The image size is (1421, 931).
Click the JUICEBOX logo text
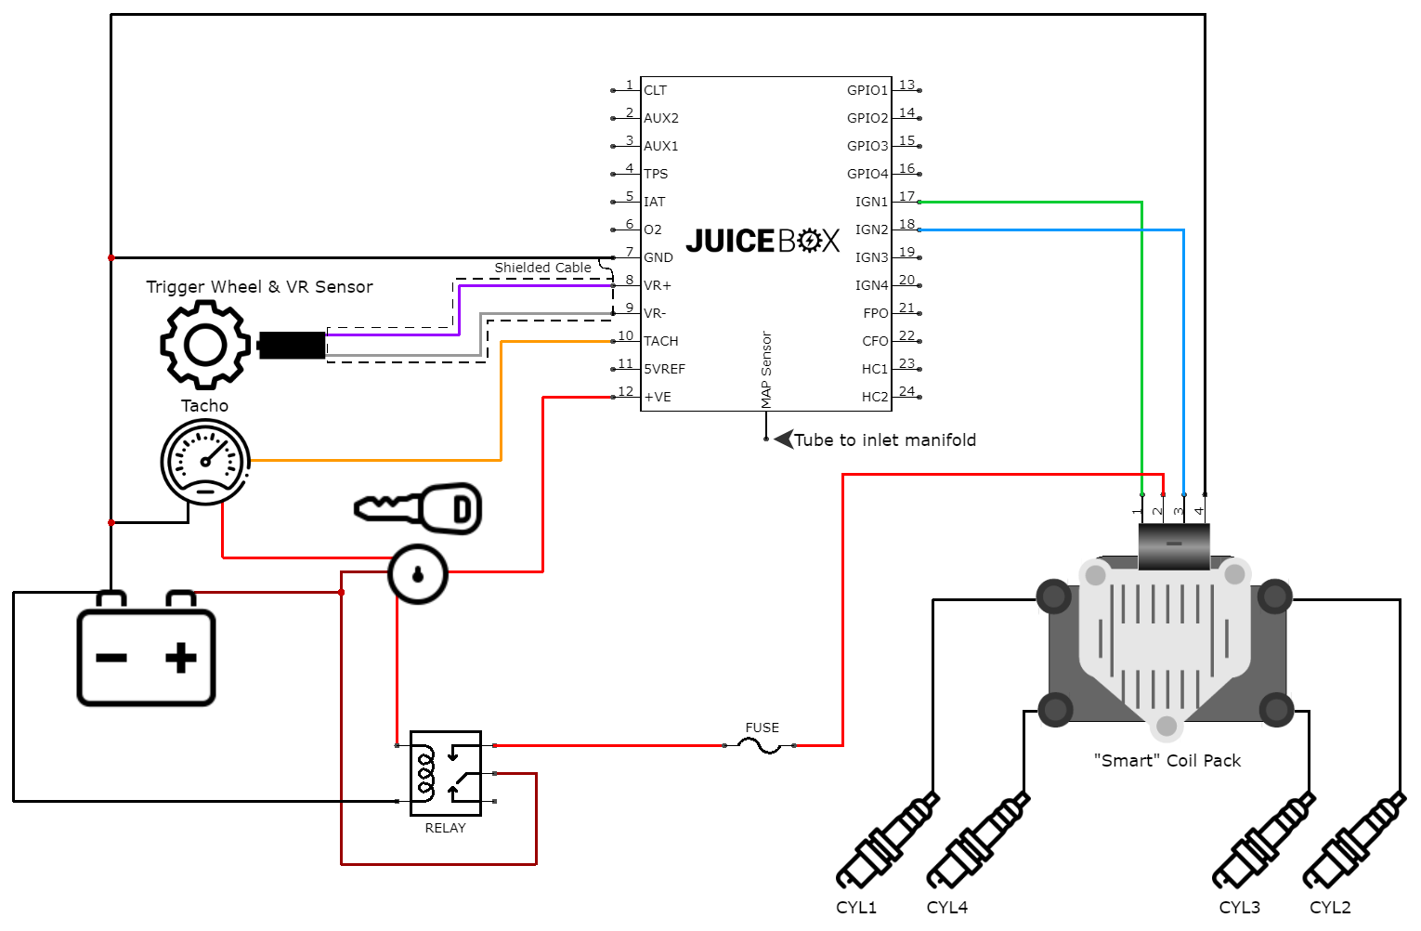pyautogui.click(x=763, y=242)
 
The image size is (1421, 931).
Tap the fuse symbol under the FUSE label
pyautogui.click(x=760, y=745)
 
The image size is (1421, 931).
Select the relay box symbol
pyautogui.click(x=446, y=773)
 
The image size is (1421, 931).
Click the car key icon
pyautogui.click(x=419, y=508)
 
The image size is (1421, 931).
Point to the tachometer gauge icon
pyautogui.click(x=205, y=462)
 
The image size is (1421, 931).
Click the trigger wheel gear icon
pyautogui.click(x=205, y=345)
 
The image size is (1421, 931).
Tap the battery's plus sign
pyautogui.click(x=181, y=658)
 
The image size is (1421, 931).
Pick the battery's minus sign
pyautogui.click(x=111, y=658)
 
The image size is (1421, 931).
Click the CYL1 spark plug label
pyautogui.click(x=856, y=907)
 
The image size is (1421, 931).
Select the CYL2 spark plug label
pyautogui.click(x=1330, y=907)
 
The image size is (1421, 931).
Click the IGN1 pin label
pyautogui.click(x=871, y=202)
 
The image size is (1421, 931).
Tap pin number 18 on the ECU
pyautogui.click(x=906, y=224)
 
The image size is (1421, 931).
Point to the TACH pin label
pyautogui.click(x=661, y=341)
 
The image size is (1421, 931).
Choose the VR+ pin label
pyautogui.click(x=658, y=285)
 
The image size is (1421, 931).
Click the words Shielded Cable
pyautogui.click(x=542, y=268)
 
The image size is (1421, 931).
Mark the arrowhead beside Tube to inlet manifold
pyautogui.click(x=783, y=439)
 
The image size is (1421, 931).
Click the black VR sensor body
pyautogui.click(x=292, y=345)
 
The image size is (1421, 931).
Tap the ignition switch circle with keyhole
pyautogui.click(x=418, y=574)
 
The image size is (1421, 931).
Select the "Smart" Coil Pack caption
pyautogui.click(x=1167, y=760)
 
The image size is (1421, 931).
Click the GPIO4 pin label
pyautogui.click(x=867, y=174)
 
